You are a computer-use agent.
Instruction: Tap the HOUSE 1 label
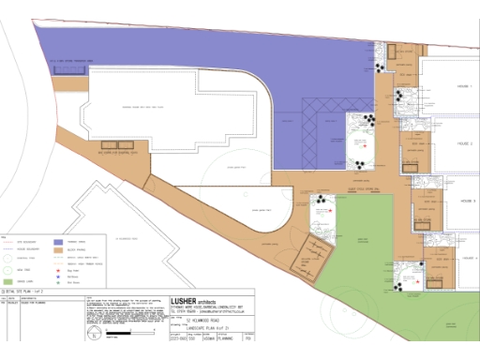tap(465, 85)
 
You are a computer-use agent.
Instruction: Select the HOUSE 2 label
tap(465, 143)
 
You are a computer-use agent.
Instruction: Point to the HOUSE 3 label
tap(466, 201)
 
